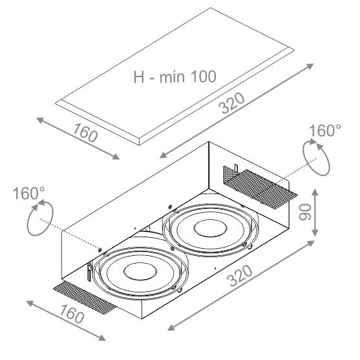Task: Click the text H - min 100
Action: (x=175, y=76)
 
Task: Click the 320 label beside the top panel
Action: (x=231, y=103)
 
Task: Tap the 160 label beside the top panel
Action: (x=85, y=132)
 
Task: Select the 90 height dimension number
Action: (x=305, y=212)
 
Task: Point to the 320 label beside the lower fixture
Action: (x=239, y=276)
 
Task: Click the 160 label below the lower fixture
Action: (x=72, y=314)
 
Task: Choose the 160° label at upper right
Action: (x=325, y=130)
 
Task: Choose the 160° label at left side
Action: (x=29, y=193)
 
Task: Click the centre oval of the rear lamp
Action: (x=210, y=228)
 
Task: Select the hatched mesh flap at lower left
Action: (x=85, y=298)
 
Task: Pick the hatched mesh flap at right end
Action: (x=260, y=186)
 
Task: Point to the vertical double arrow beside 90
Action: (x=315, y=212)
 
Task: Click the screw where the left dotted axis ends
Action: (x=100, y=250)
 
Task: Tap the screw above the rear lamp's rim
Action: (x=170, y=206)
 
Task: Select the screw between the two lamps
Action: (x=172, y=248)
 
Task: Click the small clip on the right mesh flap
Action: (x=236, y=168)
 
